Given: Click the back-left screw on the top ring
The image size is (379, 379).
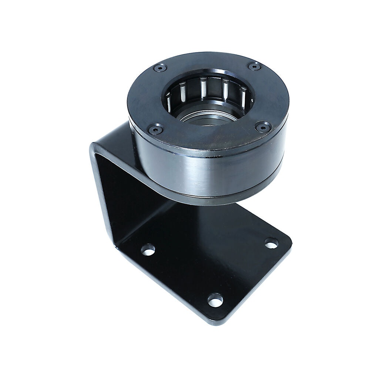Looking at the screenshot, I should coord(160,68).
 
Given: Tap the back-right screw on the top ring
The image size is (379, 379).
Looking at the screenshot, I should coord(254,67).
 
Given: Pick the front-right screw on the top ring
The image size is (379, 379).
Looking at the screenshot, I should coord(263,127).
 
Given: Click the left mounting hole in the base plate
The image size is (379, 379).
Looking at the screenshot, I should coord(148,250).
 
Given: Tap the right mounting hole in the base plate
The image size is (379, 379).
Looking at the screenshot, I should coord(271,243).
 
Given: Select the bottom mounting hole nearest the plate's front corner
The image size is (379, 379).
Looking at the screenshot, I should coord(215,300).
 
